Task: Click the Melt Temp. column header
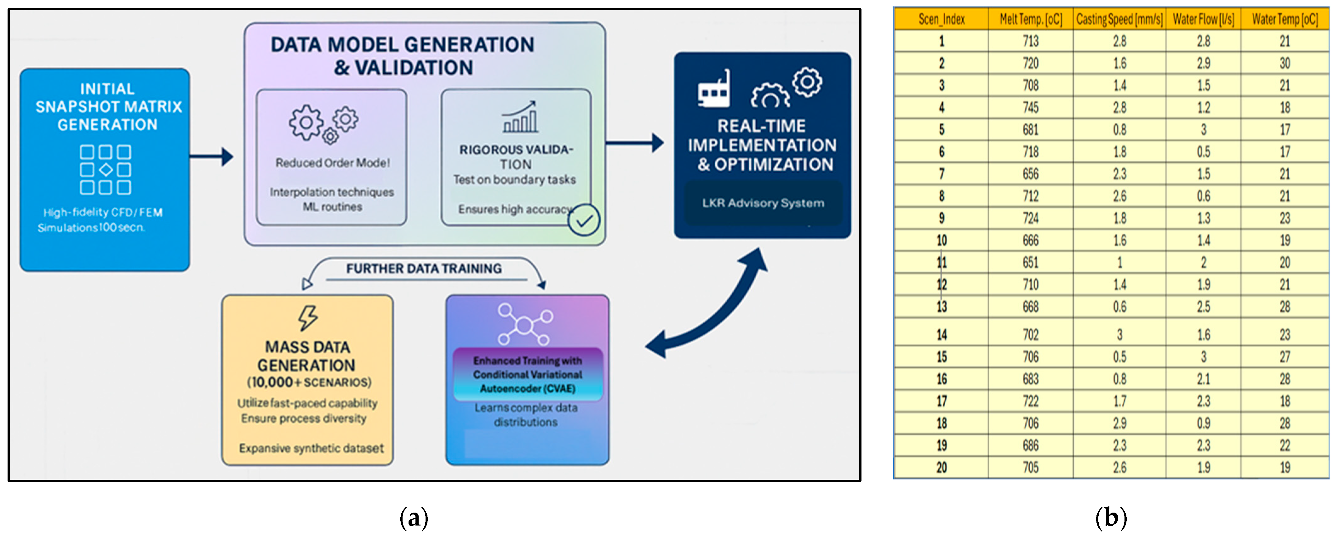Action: click(x=1030, y=19)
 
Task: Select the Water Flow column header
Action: click(x=1203, y=19)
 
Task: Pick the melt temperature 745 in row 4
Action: click(x=1030, y=108)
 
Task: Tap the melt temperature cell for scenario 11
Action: click(x=1030, y=263)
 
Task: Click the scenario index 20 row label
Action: click(x=941, y=468)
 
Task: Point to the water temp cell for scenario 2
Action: click(x=1285, y=63)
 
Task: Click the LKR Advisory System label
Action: click(x=763, y=203)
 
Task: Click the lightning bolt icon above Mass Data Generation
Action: click(x=308, y=318)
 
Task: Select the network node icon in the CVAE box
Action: click(x=524, y=325)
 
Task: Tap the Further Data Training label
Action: click(x=424, y=269)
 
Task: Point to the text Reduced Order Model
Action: click(x=332, y=163)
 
